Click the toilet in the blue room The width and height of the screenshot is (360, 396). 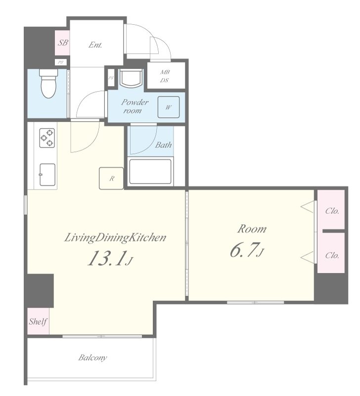click(48, 83)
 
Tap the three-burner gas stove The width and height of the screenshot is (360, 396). click(47, 138)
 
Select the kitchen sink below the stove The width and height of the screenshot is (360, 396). click(47, 175)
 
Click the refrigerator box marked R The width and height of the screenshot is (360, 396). click(111, 178)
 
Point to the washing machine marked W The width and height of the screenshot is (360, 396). click(169, 107)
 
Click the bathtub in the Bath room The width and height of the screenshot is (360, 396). click(150, 171)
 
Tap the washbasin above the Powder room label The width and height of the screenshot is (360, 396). click(131, 78)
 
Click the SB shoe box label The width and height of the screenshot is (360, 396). click(63, 43)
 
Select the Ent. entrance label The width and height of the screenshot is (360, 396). click(95, 45)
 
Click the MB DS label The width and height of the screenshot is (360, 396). click(165, 76)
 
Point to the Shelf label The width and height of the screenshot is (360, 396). click(38, 321)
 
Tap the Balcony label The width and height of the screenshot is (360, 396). click(92, 357)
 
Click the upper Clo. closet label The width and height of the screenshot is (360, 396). click(332, 211)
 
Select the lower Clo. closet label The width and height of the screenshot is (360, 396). click(332, 255)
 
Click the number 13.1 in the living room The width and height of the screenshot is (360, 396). click(106, 258)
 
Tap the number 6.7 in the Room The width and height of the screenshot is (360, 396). click(244, 250)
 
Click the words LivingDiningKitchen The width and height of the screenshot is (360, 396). click(115, 238)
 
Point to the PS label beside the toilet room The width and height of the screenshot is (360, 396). click(60, 62)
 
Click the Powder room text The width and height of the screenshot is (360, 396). click(135, 106)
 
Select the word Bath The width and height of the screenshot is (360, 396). click(164, 145)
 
